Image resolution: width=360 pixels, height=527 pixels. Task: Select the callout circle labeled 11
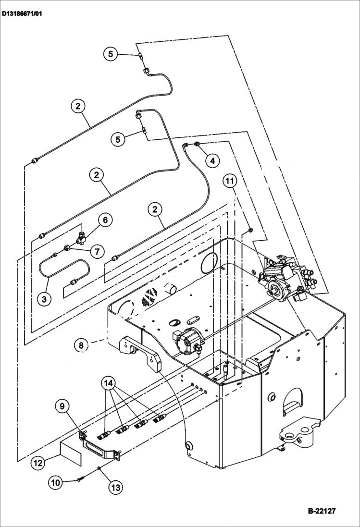[230, 181]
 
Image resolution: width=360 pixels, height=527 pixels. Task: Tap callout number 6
[105, 220]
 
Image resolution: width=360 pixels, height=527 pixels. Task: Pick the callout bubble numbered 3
[44, 299]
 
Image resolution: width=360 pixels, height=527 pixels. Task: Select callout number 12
[38, 463]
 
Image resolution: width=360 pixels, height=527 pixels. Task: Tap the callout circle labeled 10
[56, 482]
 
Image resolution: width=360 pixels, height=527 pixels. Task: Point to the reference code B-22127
[319, 511]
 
